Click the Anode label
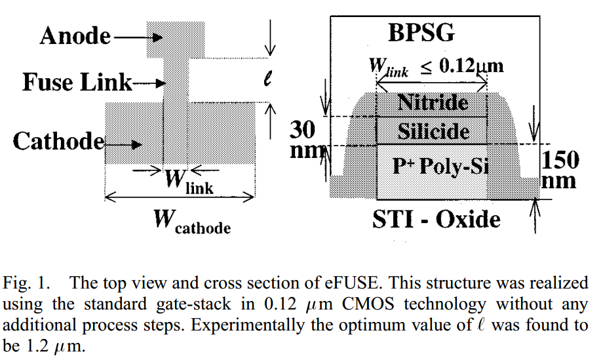click(x=75, y=36)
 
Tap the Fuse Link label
click(x=77, y=83)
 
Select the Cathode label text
click(x=58, y=140)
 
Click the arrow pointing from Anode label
click(x=133, y=38)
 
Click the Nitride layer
click(x=433, y=103)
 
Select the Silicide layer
click(x=433, y=132)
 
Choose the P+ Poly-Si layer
click(x=433, y=167)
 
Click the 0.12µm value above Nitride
click(x=471, y=66)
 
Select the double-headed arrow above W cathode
click(x=180, y=196)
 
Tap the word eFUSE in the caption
click(x=334, y=283)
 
